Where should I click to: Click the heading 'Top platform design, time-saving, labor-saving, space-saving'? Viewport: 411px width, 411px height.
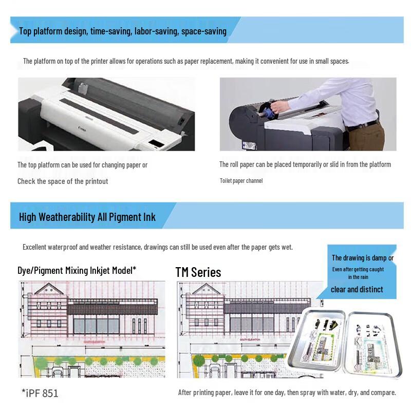(x=122, y=31)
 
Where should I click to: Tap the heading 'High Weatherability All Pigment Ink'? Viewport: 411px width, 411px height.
(x=87, y=217)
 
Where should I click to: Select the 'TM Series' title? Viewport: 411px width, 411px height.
(x=198, y=272)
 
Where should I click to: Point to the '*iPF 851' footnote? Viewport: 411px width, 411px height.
(x=40, y=394)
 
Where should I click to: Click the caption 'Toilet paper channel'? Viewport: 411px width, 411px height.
(x=241, y=181)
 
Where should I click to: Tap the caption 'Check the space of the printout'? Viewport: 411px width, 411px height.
(x=63, y=181)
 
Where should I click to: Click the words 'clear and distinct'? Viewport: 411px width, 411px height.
(x=357, y=289)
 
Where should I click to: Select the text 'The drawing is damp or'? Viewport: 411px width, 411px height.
(x=363, y=258)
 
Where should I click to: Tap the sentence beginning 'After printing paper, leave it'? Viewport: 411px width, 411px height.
(x=287, y=393)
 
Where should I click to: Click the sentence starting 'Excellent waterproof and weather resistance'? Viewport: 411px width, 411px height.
(x=157, y=247)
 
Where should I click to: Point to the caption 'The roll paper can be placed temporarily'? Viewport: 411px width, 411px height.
(x=305, y=164)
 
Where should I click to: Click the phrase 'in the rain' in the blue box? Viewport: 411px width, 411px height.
(x=358, y=277)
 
